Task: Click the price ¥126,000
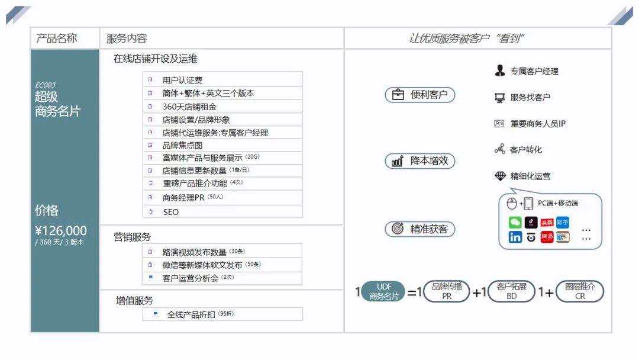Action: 61,231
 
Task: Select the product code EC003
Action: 46,85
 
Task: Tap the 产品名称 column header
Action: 57,38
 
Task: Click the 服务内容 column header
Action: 127,38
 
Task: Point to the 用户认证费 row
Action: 183,80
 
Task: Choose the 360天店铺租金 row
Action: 189,107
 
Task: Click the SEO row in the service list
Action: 170,212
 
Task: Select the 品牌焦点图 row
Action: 183,145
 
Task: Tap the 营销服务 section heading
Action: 133,237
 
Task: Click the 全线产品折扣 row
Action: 191,314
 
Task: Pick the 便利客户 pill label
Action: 420,95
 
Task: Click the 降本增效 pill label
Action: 420,161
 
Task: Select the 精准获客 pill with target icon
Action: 420,229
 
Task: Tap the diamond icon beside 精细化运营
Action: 500,176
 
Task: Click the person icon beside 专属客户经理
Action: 500,71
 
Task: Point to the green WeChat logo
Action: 515,223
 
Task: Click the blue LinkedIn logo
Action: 515,237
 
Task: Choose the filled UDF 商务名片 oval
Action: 384,292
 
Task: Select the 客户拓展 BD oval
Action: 511,292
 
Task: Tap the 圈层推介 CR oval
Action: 580,292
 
